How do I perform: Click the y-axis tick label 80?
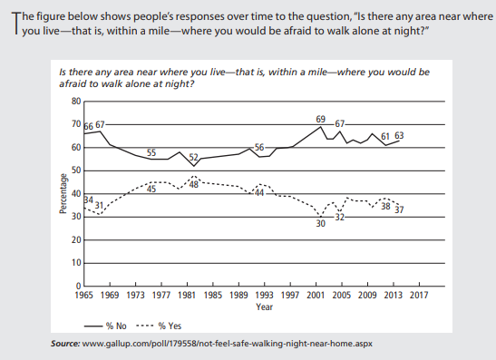(x=76, y=101)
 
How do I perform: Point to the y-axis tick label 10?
(x=76, y=263)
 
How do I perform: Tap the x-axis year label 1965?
(x=84, y=295)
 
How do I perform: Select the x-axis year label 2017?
(x=419, y=295)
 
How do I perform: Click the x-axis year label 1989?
(x=238, y=295)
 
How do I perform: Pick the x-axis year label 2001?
(x=316, y=295)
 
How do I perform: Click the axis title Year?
(x=264, y=306)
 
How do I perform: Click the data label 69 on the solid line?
(x=320, y=120)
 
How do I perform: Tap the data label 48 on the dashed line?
(x=194, y=184)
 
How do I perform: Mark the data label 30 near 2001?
(x=320, y=223)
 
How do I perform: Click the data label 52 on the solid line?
(x=193, y=157)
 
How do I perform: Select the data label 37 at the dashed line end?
(x=399, y=209)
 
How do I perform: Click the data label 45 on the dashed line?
(x=152, y=189)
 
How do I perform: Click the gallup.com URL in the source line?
(x=224, y=345)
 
